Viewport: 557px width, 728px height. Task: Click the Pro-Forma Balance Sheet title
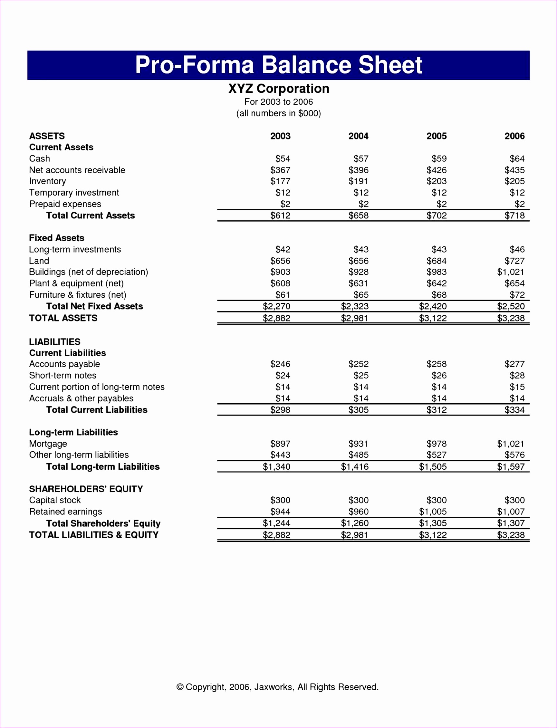(x=278, y=65)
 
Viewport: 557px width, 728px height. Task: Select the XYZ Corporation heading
(x=278, y=89)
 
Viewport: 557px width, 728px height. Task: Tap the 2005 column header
(x=436, y=136)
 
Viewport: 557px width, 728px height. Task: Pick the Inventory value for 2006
(x=514, y=181)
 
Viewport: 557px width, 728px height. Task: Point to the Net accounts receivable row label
(x=77, y=170)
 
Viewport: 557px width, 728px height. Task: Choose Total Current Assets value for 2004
(x=359, y=216)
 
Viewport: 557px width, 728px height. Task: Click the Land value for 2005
(x=436, y=261)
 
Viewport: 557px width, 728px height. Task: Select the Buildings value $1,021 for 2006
(x=511, y=272)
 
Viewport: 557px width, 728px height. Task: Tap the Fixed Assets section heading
(x=57, y=238)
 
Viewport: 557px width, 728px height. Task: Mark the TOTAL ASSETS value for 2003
(x=276, y=318)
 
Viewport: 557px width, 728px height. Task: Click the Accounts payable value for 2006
(x=514, y=364)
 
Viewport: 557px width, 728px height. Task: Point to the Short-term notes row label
(x=63, y=375)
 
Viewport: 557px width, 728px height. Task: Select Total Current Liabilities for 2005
(x=436, y=410)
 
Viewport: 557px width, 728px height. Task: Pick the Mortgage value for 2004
(x=359, y=444)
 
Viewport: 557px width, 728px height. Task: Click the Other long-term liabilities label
(x=79, y=455)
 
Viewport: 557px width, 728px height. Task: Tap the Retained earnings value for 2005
(x=433, y=512)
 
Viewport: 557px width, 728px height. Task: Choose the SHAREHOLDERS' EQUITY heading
(x=86, y=489)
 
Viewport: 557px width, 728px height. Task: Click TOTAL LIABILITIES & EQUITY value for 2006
(x=511, y=535)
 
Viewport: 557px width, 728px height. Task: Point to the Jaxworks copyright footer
(x=277, y=686)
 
